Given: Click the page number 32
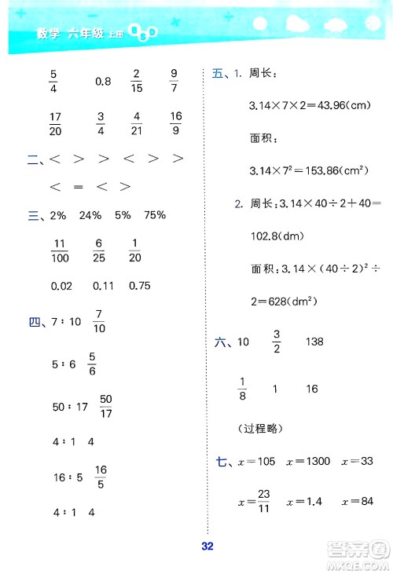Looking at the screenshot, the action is [x=207, y=547].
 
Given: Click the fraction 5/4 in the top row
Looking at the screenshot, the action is [x=54, y=80].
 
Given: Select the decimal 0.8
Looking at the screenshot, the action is [x=103, y=81].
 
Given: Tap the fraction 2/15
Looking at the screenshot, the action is [x=137, y=80].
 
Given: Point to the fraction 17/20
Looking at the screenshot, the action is [x=55, y=123].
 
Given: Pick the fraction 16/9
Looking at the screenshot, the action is [x=175, y=123].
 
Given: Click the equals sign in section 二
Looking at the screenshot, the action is [x=78, y=187].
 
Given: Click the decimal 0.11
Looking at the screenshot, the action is [x=104, y=287].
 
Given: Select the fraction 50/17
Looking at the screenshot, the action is [x=106, y=406].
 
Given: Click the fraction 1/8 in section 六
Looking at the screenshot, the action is [x=242, y=389].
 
